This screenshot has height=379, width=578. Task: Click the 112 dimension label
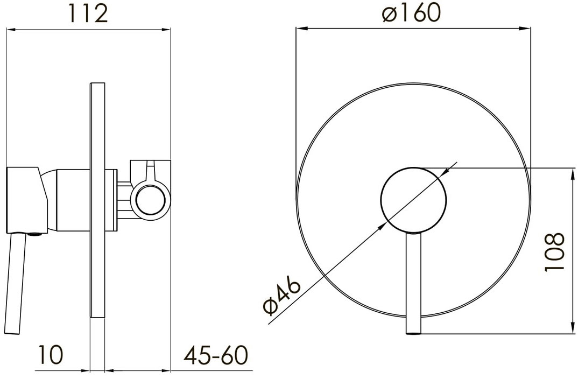coord(88,14)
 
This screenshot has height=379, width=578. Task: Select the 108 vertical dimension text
coord(554,252)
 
